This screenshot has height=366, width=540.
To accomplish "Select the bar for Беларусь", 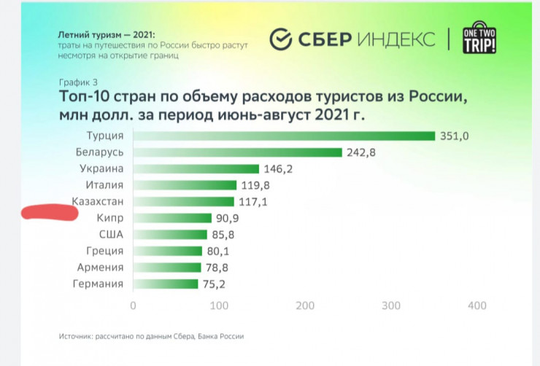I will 237,152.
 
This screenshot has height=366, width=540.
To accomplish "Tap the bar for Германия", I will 165,284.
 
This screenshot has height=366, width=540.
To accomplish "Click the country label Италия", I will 104,185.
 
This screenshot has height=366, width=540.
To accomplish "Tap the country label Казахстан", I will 98,201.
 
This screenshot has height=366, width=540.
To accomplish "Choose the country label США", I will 111,235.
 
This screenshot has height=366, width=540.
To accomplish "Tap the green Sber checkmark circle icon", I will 280,39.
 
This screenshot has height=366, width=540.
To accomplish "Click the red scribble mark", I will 50,213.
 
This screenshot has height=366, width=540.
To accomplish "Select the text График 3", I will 73,81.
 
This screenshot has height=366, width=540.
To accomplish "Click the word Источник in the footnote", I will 76,337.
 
